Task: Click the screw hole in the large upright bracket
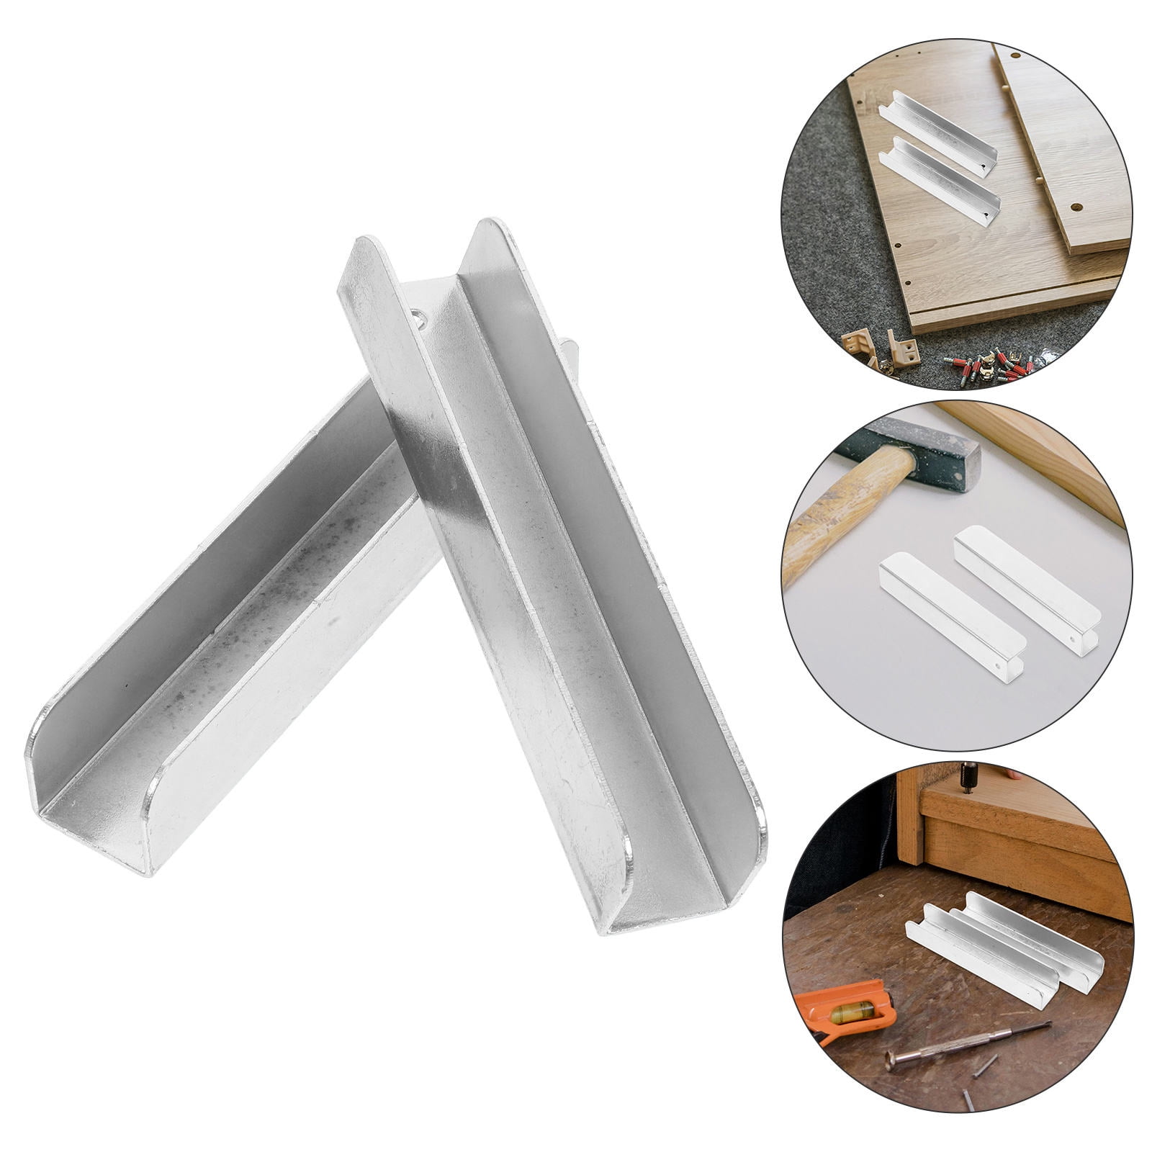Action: point(418,315)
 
